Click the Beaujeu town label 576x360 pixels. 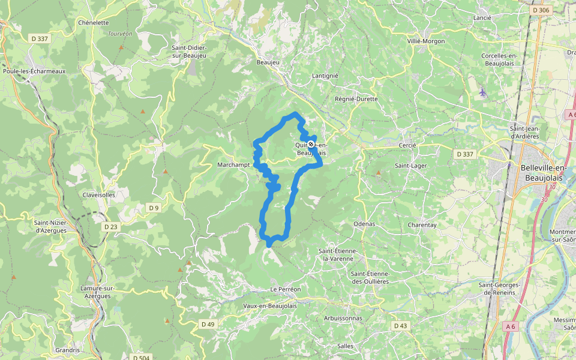pos(268,62)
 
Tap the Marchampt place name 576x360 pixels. pos(233,164)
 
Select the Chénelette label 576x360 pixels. pos(93,23)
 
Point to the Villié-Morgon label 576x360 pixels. pos(426,41)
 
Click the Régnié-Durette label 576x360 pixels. pos(356,99)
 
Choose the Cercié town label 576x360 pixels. pos(407,146)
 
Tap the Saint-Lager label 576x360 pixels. pos(410,165)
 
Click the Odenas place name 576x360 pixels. pos(364,224)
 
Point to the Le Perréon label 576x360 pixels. pos(286,289)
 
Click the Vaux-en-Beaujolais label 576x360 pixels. pos(270,306)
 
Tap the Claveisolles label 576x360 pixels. pos(99,195)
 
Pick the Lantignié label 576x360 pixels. pos(325,76)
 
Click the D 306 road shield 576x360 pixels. pos(541,10)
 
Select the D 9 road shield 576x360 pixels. pos(154,208)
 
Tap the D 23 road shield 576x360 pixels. pos(111,227)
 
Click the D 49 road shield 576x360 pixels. pos(208,325)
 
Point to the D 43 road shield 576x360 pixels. pos(400,326)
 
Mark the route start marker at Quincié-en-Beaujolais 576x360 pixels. pos(310,144)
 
